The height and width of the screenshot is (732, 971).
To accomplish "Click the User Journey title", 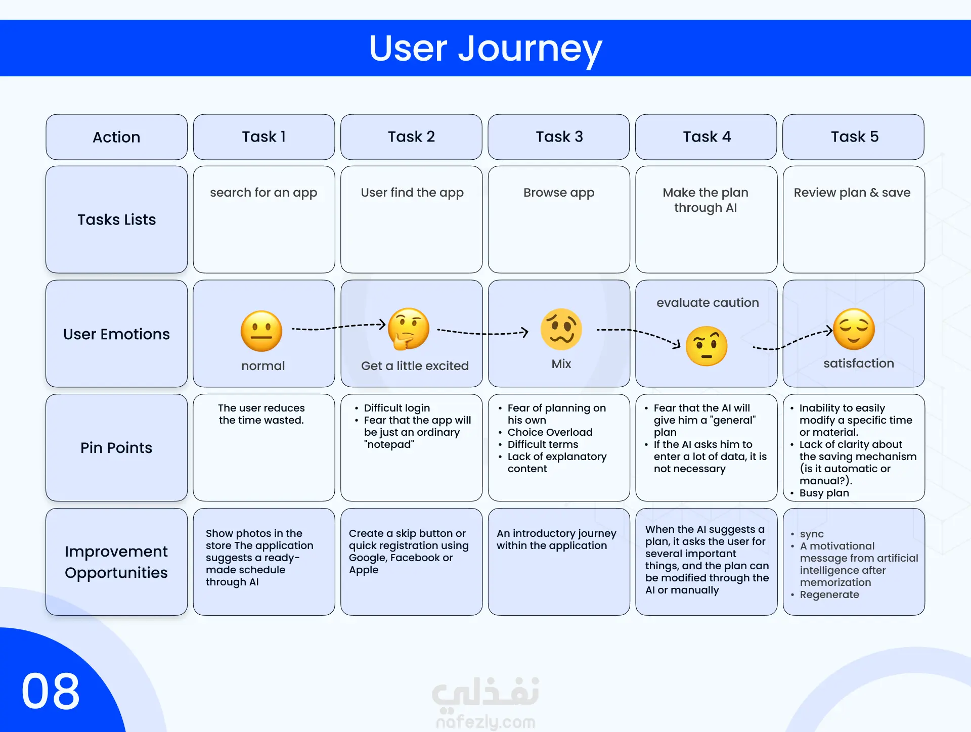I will click(485, 49).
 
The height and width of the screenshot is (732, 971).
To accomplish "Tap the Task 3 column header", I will click(559, 137).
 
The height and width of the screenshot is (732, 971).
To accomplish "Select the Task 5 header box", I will click(854, 137).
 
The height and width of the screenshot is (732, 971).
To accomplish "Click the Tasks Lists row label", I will click(116, 220).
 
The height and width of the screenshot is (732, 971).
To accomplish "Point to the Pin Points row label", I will click(116, 448).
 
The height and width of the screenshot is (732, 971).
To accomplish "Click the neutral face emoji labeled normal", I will click(261, 331).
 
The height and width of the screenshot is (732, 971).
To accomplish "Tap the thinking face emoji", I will click(409, 329).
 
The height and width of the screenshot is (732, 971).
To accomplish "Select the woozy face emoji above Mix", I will click(561, 329).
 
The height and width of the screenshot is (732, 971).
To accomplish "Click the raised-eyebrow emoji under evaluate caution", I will click(707, 346).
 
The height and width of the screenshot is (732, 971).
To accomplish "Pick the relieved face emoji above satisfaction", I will click(854, 329).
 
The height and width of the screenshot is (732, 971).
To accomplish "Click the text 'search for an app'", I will click(263, 193).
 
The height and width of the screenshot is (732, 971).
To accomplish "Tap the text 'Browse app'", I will click(559, 193).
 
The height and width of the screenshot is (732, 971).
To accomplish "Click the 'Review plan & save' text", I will click(852, 193).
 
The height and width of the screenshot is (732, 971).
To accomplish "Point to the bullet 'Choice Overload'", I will click(550, 432).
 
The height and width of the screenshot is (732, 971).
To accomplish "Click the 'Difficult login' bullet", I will click(396, 408).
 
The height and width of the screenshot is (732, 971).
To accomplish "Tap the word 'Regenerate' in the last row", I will click(829, 594).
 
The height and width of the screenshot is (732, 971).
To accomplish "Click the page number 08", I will click(51, 691).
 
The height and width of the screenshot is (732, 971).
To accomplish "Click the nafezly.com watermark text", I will click(485, 722).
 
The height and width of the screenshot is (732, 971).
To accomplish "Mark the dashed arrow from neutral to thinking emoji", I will click(339, 327).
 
